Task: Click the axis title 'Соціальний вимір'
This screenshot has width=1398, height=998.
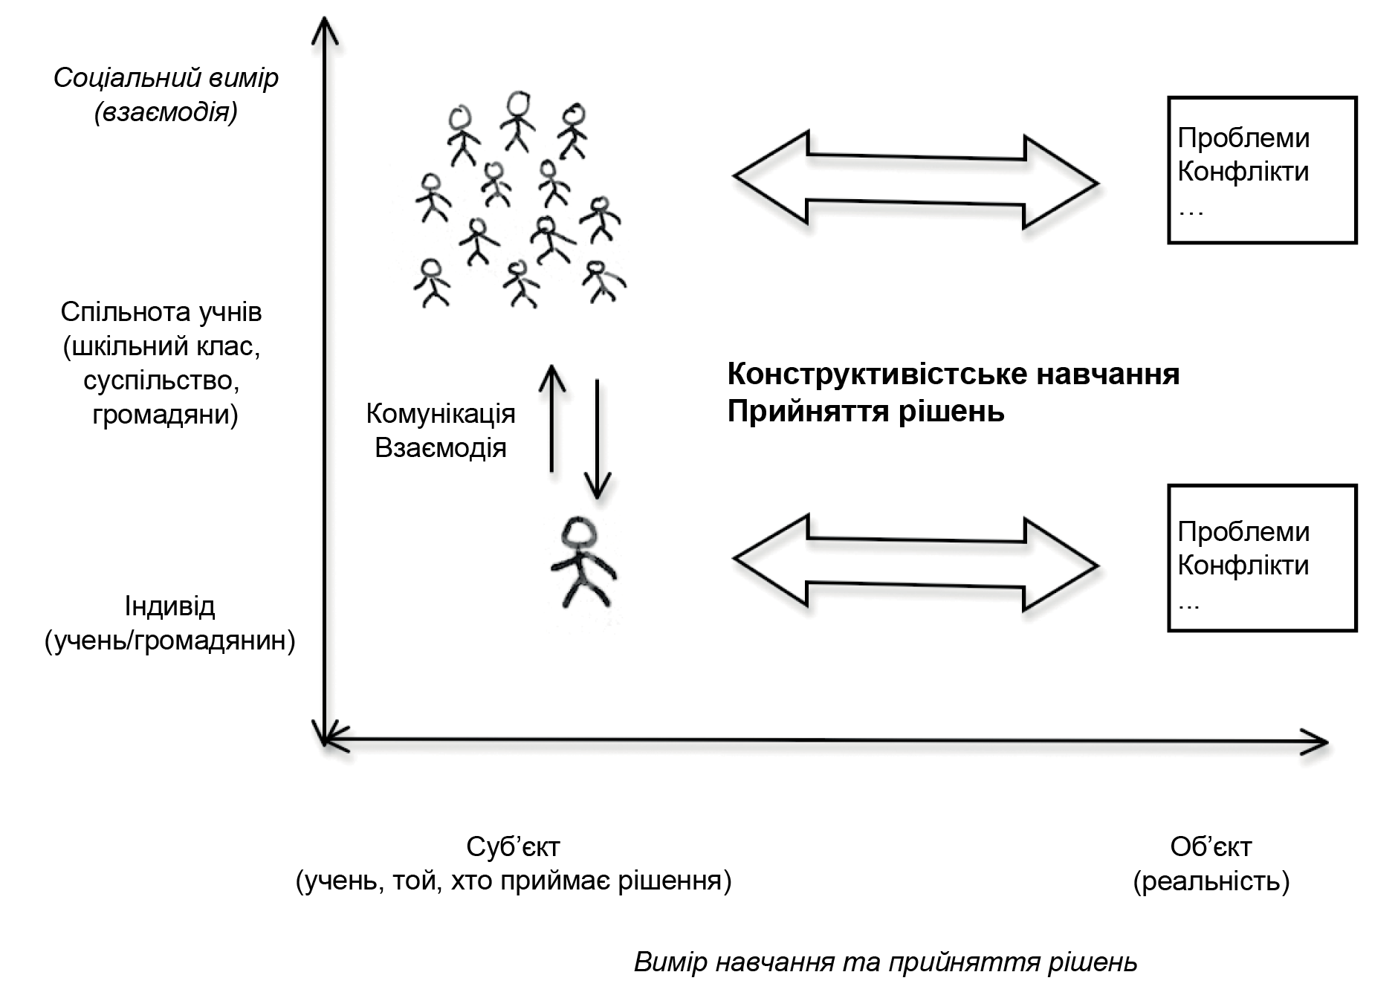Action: coord(166,78)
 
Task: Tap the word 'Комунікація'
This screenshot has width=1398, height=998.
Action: coord(441,414)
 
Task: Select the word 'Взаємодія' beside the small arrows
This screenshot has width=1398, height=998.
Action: coord(441,449)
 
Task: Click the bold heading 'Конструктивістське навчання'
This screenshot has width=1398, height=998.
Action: coord(953,374)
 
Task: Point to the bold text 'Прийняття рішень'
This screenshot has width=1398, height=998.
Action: coord(866,411)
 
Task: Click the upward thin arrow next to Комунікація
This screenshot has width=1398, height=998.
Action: coord(551,416)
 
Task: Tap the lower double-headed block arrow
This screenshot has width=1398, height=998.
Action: coord(915,563)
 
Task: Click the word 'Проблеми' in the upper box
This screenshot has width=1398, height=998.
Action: coord(1243,138)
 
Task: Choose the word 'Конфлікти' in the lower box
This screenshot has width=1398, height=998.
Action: coord(1243,566)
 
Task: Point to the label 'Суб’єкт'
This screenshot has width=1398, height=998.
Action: coord(513,846)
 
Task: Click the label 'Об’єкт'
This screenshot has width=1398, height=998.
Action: coord(1211,846)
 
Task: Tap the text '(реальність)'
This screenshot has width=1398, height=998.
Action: coord(1211,881)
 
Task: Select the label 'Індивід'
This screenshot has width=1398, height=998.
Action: coord(169,606)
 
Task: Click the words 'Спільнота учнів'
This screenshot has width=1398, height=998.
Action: coord(161,312)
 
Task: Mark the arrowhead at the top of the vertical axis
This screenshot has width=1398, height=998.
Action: coord(325,30)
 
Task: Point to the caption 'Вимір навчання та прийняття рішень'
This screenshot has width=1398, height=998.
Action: coord(885,962)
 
